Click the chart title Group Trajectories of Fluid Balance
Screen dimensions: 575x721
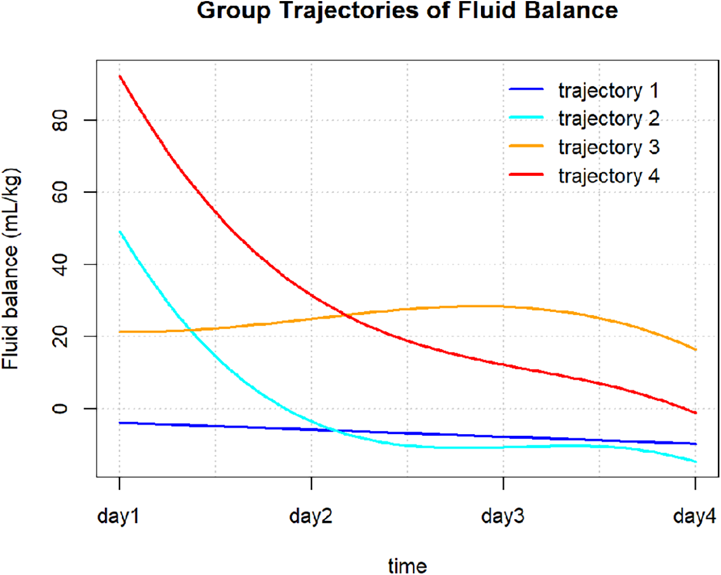click(407, 11)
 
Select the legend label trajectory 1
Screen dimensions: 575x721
click(608, 90)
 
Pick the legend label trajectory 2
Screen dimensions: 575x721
click(608, 118)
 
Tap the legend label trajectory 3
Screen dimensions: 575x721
click(608, 147)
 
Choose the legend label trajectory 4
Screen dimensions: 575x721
click(608, 175)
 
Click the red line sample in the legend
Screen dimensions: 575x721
click(526, 174)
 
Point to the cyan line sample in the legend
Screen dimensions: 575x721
click(526, 117)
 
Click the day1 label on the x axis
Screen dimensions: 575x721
click(119, 515)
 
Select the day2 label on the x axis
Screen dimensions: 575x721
click(311, 515)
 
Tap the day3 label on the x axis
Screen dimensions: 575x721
click(503, 515)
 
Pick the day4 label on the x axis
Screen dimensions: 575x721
click(694, 515)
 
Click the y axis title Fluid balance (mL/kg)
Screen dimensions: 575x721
click(11, 268)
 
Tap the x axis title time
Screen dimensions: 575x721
click(407, 565)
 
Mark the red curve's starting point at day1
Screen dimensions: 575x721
click(120, 77)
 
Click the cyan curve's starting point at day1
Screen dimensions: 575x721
click(120, 232)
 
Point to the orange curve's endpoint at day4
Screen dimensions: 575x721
click(695, 349)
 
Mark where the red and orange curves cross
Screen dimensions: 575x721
click(347, 315)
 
